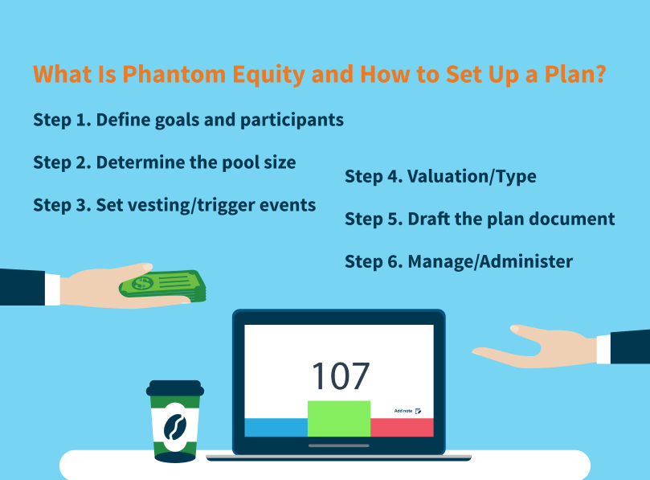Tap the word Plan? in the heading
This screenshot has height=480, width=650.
click(572, 76)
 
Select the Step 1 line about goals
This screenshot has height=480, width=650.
click(188, 120)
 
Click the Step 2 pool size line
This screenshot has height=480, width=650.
click(165, 162)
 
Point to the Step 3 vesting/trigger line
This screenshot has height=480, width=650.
click(174, 205)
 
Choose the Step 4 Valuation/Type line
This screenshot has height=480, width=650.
click(440, 177)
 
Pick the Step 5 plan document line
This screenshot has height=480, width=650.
click(480, 219)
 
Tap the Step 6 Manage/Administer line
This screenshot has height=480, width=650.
click(459, 261)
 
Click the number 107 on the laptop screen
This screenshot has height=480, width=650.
click(340, 375)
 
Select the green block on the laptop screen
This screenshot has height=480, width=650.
click(339, 417)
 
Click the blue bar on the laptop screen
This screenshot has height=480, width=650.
click(276, 427)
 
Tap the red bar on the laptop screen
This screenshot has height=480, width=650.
click(402, 427)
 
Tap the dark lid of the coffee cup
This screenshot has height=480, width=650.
click(174, 388)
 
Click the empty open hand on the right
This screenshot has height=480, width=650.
click(530, 345)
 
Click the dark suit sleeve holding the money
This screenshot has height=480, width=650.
click(21, 287)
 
